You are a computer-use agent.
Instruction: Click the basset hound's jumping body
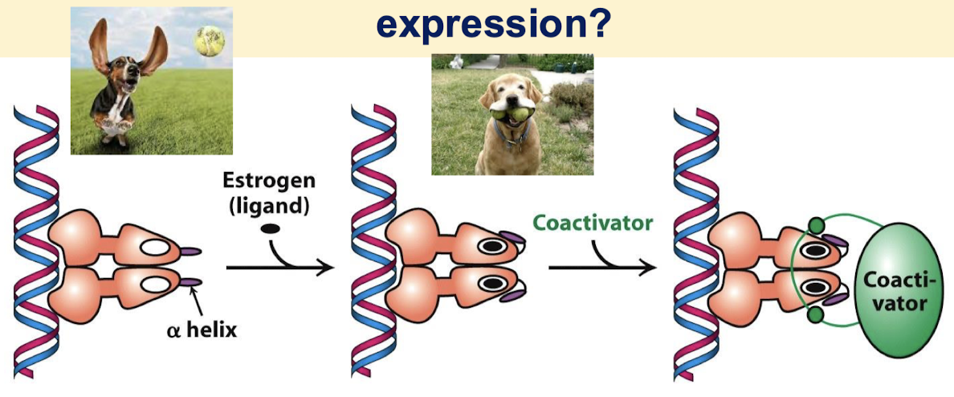112,113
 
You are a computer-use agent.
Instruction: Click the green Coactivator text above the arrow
593,223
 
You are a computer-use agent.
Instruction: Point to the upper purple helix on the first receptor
188,252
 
